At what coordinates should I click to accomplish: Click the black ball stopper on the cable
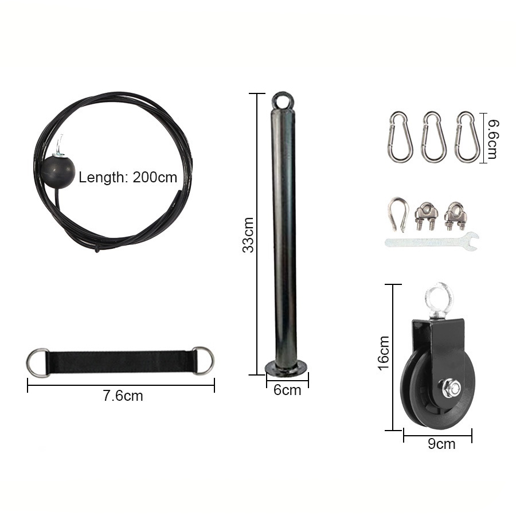(x=58, y=172)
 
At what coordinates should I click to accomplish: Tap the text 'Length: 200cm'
(x=128, y=177)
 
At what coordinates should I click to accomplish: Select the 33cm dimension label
(x=248, y=235)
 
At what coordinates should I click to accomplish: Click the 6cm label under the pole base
(x=287, y=390)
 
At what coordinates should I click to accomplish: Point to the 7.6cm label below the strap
(x=123, y=396)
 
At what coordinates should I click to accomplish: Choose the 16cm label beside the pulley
(x=384, y=353)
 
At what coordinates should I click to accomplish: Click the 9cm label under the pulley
(x=441, y=444)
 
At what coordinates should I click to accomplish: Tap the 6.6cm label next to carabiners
(x=492, y=139)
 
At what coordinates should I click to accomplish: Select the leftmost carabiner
(x=400, y=137)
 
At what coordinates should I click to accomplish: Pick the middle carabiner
(x=433, y=137)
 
